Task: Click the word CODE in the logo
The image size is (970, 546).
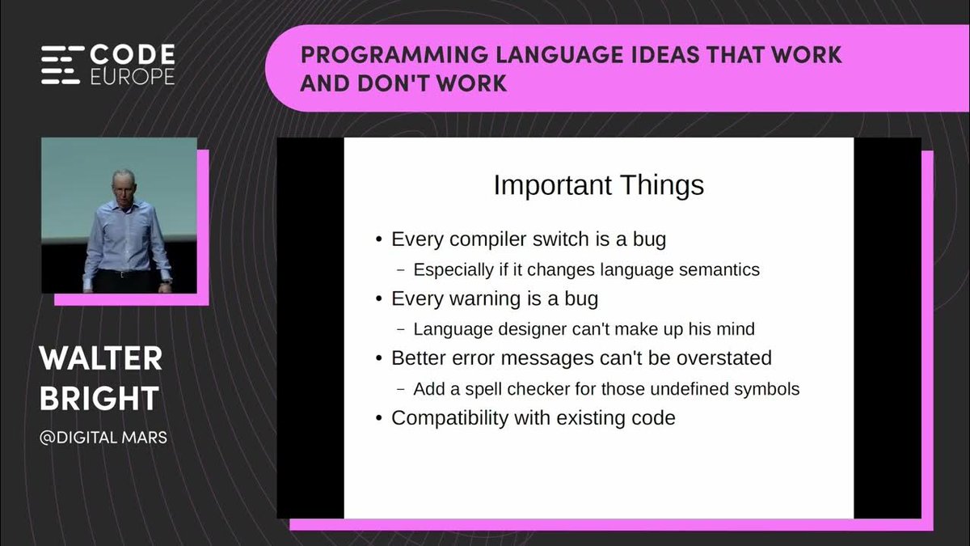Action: point(132,54)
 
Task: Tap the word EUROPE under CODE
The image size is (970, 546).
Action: point(133,76)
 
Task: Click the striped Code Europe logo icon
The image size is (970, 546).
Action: point(62,65)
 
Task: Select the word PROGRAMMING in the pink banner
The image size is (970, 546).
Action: point(394,55)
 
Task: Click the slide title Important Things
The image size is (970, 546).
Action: point(599,185)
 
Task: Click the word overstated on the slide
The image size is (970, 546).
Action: point(724,358)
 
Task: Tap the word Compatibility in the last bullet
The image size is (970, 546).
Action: point(450,419)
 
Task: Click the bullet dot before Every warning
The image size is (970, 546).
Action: point(379,299)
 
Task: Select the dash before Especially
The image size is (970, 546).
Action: point(401,270)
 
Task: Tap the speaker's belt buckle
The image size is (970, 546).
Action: point(123,274)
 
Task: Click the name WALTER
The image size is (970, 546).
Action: point(101,359)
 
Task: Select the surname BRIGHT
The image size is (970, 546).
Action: point(99,398)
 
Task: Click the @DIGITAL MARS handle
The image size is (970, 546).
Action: point(103,438)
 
